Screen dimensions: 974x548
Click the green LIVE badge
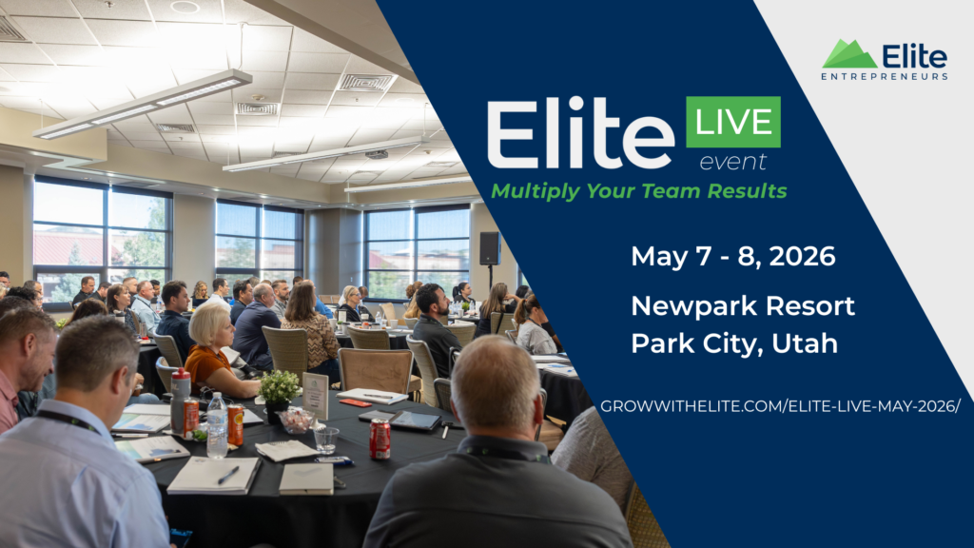point(733,122)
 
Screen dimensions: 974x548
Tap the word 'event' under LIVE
point(733,162)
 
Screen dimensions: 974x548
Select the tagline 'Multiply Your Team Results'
point(639,190)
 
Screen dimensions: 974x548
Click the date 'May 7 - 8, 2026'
point(733,257)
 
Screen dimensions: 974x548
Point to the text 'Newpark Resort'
point(743,305)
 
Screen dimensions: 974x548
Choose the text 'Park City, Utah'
point(734,343)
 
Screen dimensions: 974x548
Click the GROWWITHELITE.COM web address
point(780,406)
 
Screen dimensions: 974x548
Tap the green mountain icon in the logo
point(849,54)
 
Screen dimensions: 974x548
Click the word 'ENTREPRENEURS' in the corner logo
point(885,76)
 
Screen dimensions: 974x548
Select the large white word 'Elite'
point(580,133)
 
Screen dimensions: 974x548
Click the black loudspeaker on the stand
point(490,248)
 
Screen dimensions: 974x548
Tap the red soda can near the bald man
point(380,439)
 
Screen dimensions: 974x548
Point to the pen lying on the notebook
point(228,476)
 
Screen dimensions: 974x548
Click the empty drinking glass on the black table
point(325,440)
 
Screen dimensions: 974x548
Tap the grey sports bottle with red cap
point(180,400)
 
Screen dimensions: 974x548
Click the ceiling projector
point(376,153)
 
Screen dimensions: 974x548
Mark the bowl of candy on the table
point(297,421)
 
